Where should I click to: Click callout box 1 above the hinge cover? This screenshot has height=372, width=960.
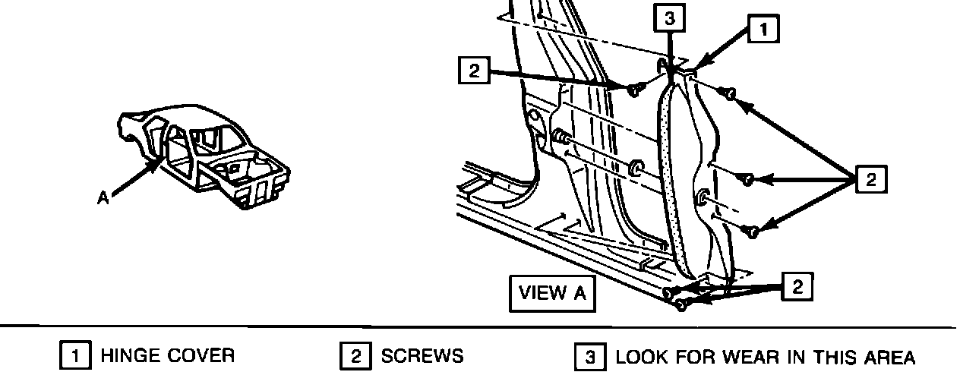764,29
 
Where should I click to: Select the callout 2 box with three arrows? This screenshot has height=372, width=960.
870,180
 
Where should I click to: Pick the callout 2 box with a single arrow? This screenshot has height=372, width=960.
475,71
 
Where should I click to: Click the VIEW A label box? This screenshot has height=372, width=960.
552,293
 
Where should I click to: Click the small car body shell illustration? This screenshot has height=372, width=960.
205,156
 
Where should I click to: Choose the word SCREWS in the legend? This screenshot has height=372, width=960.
422,356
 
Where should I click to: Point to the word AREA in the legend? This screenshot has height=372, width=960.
889,356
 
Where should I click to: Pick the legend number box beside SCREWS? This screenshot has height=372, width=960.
354,356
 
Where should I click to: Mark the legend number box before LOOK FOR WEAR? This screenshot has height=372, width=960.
589,356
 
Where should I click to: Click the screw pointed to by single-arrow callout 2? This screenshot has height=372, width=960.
634,90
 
